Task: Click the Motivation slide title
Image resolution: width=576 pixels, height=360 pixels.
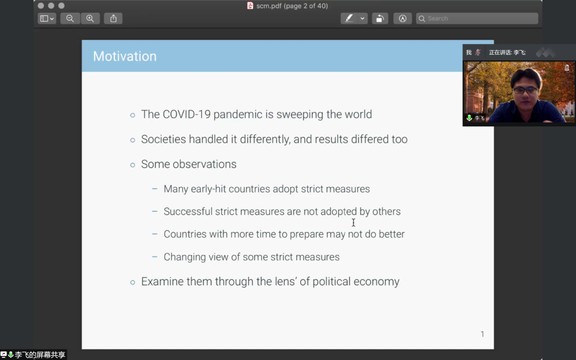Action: click(x=124, y=56)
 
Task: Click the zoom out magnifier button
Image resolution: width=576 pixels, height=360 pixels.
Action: click(x=70, y=18)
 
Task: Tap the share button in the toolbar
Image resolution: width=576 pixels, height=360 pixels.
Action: click(x=113, y=18)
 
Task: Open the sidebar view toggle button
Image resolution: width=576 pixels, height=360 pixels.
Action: click(x=46, y=18)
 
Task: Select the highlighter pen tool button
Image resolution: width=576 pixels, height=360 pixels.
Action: click(x=349, y=18)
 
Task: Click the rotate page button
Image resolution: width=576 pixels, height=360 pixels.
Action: click(x=380, y=18)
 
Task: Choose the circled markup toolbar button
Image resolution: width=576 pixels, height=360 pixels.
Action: click(x=403, y=18)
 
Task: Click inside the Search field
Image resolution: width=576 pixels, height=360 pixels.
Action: click(x=477, y=18)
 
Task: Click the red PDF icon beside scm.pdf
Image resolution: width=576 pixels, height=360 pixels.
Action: click(x=250, y=5)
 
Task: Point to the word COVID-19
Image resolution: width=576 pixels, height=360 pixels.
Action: click(x=187, y=114)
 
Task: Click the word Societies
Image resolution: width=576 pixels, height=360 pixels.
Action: click(x=164, y=139)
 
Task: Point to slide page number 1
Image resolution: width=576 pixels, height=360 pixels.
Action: click(x=482, y=334)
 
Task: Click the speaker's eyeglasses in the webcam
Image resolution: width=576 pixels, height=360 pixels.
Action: click(x=525, y=90)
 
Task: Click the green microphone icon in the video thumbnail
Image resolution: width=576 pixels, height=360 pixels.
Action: click(x=469, y=118)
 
